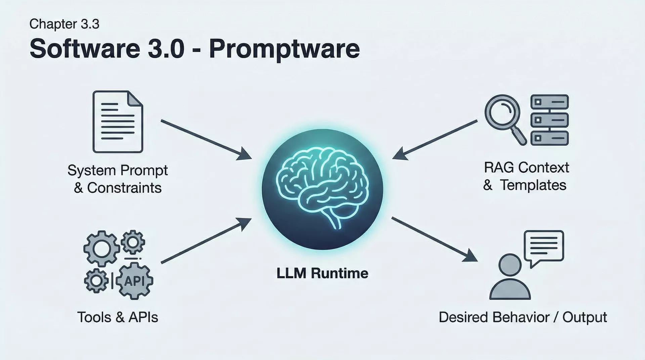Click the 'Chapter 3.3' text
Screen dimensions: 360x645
(x=64, y=24)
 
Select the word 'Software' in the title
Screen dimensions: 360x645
(x=85, y=49)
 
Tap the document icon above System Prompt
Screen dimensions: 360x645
(x=118, y=122)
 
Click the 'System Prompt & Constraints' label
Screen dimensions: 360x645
(x=118, y=179)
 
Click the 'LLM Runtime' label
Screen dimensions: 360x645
(x=322, y=273)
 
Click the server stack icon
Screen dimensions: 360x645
(x=549, y=120)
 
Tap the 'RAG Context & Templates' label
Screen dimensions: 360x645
(x=526, y=176)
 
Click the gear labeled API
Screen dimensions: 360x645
(x=134, y=281)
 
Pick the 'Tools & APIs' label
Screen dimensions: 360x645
(x=118, y=317)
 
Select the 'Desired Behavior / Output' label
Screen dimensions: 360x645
(x=523, y=317)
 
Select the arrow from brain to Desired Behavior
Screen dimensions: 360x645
(x=434, y=239)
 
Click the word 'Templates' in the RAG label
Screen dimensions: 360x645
(x=533, y=185)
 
